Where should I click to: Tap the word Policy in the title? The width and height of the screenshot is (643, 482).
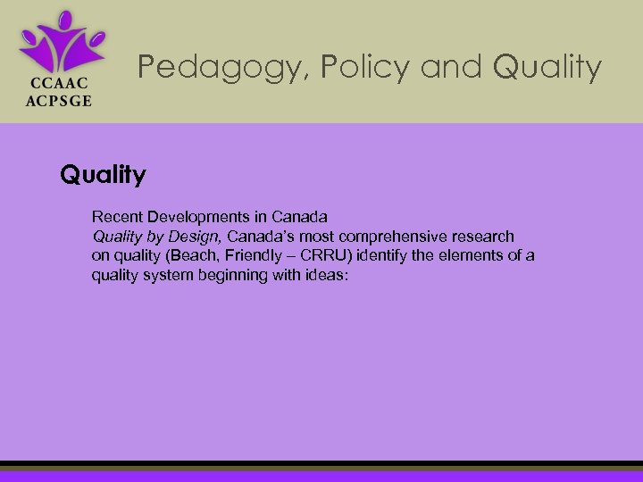click(x=342, y=67)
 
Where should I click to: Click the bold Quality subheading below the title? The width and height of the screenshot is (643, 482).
click(x=103, y=174)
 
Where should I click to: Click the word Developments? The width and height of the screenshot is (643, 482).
click(x=196, y=217)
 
